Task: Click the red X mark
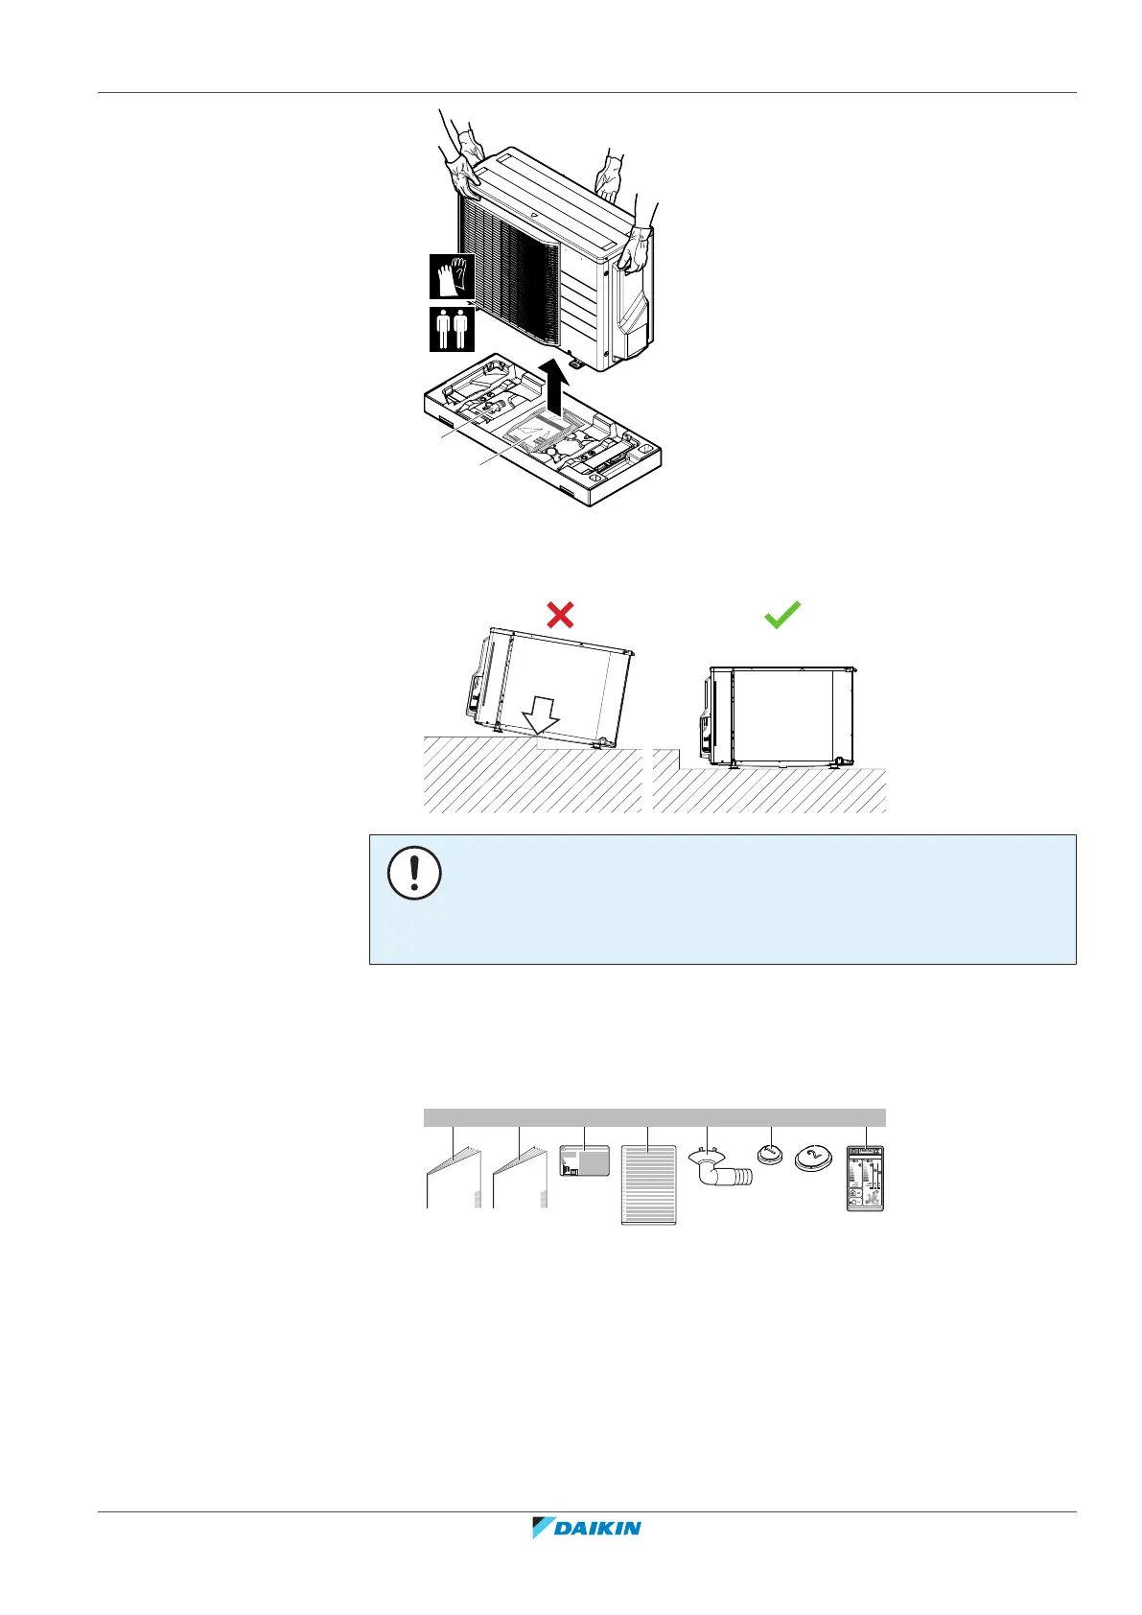point(560,615)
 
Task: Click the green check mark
point(782,615)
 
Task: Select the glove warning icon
point(452,277)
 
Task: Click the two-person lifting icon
point(452,328)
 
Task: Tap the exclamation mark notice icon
point(414,874)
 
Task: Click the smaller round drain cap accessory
point(770,1153)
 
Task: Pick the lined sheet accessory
point(649,1184)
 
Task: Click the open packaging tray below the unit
point(542,436)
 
